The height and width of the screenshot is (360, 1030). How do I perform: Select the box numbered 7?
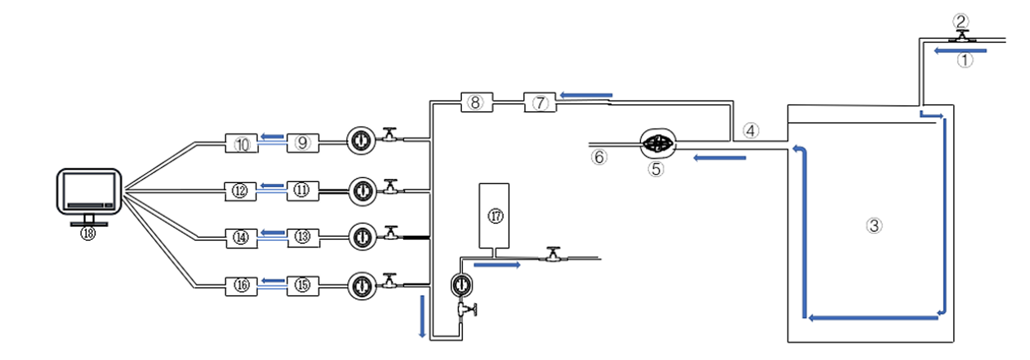point(540,102)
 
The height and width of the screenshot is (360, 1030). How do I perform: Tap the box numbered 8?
point(476,102)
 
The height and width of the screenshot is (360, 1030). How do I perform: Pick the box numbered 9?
point(303,143)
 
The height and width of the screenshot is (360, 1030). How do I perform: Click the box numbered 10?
point(242,143)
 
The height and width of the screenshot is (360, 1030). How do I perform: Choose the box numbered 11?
point(303,191)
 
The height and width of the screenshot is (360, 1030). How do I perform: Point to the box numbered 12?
point(241,191)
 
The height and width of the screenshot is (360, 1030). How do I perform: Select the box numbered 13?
point(303,237)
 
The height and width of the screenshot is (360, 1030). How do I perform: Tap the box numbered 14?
point(242,238)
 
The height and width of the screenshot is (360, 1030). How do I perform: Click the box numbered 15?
point(303,285)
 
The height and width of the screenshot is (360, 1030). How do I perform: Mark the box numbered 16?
point(242,286)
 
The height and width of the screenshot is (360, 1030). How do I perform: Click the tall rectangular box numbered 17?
point(494,215)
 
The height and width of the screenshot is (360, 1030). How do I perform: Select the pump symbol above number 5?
point(658,143)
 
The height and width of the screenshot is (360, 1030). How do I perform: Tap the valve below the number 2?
point(962,36)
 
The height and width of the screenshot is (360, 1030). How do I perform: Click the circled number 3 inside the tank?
point(874,226)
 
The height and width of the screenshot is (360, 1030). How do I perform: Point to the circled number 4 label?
point(751,131)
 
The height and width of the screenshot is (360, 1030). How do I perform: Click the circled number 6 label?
point(599,157)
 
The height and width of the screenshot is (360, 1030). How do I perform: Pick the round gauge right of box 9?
point(361,141)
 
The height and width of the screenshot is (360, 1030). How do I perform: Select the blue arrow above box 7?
point(586,95)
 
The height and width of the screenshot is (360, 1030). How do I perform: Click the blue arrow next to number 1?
point(960,50)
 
